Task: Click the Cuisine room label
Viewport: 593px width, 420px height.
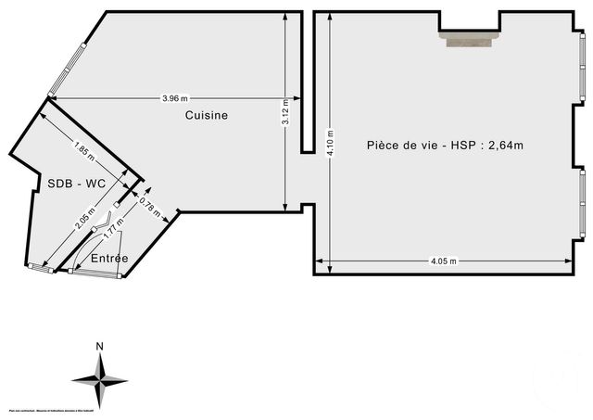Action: click(206, 115)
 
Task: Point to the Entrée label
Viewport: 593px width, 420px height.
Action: click(109, 258)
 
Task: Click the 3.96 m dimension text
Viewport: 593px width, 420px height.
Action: click(174, 98)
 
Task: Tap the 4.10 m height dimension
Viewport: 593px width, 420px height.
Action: click(328, 145)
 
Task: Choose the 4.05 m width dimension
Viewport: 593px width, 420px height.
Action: click(444, 261)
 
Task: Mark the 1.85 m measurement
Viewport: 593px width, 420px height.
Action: click(86, 146)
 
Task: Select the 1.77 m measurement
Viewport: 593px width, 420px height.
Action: click(111, 226)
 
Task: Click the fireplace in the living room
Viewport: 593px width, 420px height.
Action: click(469, 37)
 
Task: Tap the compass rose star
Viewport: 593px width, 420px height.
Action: click(99, 378)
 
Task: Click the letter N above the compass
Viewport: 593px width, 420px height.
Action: click(99, 347)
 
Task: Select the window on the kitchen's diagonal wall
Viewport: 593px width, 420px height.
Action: click(68, 70)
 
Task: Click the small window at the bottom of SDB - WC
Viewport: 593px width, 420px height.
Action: click(42, 267)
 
